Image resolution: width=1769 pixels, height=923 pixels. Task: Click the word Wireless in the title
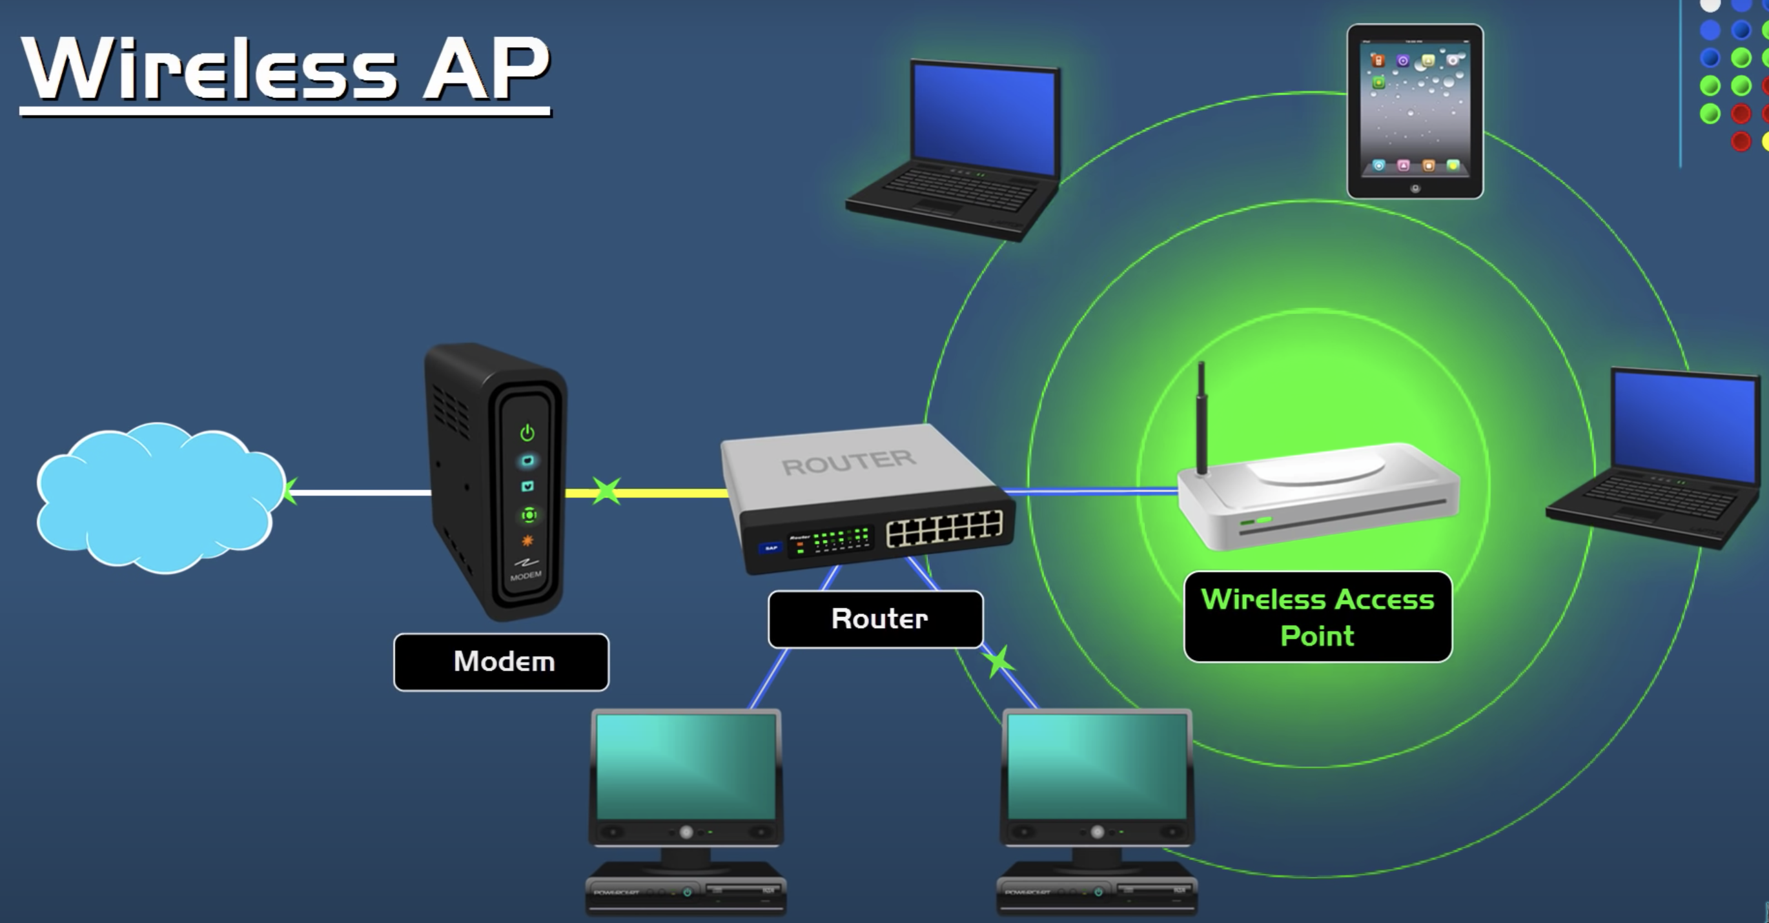[209, 68]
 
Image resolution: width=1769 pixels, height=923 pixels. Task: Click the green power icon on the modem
[527, 432]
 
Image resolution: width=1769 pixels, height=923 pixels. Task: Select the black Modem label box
[501, 662]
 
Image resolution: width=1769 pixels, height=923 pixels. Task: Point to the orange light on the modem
[527, 541]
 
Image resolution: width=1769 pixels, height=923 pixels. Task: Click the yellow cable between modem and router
[673, 492]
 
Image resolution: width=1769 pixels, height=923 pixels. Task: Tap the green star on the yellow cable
[606, 491]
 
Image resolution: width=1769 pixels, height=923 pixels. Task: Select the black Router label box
[875, 619]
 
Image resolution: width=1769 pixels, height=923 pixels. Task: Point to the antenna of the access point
[1201, 419]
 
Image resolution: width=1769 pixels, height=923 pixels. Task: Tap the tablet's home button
[1415, 188]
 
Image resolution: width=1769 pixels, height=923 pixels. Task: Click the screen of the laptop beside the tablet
[984, 120]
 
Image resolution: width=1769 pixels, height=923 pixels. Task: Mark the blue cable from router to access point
[1092, 491]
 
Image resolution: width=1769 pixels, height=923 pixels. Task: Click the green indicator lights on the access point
[1255, 522]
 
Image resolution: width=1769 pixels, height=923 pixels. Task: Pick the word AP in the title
[486, 68]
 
